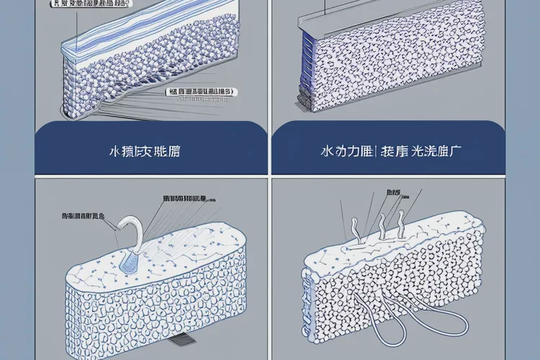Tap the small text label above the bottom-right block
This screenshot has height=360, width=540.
click(x=393, y=193)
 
